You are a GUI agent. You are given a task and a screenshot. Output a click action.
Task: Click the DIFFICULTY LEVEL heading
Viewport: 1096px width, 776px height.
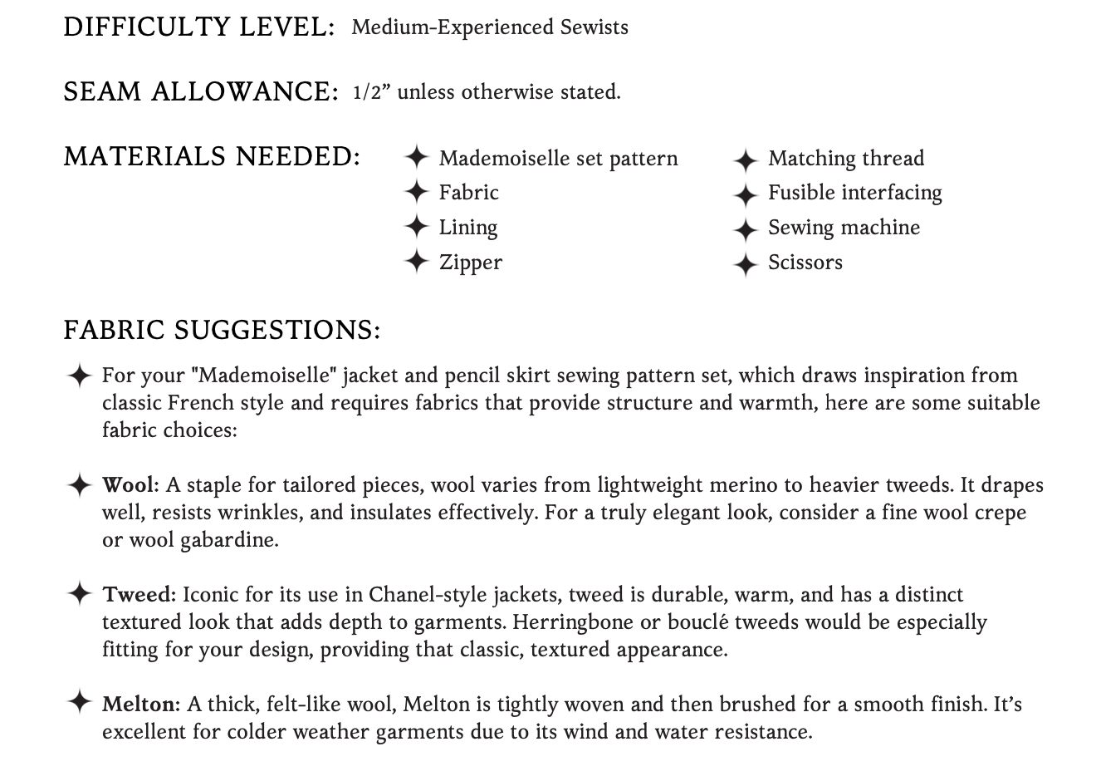click(x=198, y=27)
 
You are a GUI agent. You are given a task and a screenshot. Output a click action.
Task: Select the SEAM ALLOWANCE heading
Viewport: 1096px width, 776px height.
click(x=200, y=91)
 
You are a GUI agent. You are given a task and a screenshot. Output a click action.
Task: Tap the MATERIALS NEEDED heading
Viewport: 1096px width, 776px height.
click(x=212, y=156)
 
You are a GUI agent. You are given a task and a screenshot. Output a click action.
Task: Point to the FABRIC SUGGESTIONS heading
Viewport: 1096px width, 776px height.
click(x=222, y=330)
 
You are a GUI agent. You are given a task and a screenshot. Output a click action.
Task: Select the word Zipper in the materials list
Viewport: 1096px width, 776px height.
click(x=470, y=263)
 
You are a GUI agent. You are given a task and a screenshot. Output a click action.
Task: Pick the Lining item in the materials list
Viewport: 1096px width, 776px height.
click(x=468, y=228)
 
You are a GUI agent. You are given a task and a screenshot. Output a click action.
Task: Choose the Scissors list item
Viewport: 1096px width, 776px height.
click(x=805, y=263)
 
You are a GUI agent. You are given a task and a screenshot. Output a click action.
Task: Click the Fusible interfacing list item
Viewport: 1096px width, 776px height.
click(x=854, y=193)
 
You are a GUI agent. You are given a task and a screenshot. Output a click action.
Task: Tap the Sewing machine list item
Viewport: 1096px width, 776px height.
click(x=844, y=228)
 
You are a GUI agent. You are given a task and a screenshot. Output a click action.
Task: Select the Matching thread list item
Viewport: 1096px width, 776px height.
click(x=845, y=158)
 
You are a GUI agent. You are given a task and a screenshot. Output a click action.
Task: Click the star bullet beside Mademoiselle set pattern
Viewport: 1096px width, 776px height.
click(x=416, y=157)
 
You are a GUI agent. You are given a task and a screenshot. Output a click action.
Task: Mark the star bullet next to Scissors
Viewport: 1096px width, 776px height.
click(x=746, y=264)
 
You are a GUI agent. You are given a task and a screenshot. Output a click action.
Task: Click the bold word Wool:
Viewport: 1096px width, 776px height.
click(x=130, y=485)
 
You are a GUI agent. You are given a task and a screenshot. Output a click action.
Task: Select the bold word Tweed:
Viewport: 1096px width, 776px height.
click(x=139, y=595)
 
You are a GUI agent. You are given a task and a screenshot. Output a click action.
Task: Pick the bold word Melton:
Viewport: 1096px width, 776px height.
click(x=141, y=705)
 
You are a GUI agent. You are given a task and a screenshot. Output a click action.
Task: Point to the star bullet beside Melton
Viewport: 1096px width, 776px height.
click(x=78, y=702)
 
